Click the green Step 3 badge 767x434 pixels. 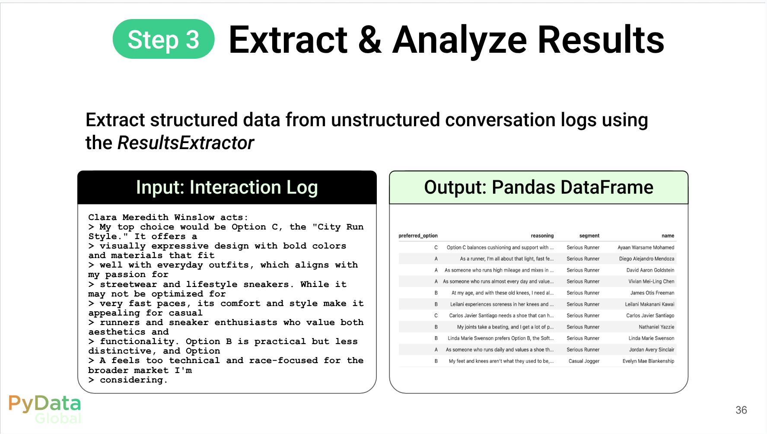coord(163,39)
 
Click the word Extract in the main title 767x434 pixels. coord(288,40)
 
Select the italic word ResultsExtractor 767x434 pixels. coord(186,143)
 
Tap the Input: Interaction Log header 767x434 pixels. coord(227,187)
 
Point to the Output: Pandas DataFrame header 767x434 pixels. coord(538,187)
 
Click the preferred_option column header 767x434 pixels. coord(418,236)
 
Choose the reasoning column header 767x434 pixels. coord(542,236)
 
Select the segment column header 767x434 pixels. coord(589,236)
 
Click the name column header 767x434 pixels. coord(668,236)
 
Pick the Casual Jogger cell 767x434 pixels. coord(584,361)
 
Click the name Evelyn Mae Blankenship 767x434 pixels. coord(648,361)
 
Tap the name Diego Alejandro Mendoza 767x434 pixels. coord(646,258)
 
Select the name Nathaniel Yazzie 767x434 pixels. coord(656,327)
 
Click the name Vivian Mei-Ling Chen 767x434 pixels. coord(651,281)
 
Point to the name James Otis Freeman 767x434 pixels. coord(652,293)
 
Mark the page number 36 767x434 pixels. coord(741,410)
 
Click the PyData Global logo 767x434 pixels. coord(45,409)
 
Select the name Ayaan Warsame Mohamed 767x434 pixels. coord(646,247)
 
